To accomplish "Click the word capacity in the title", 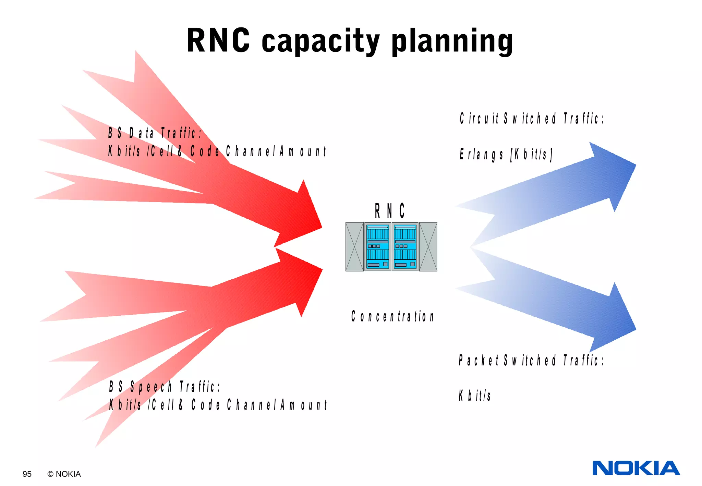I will point(320,42).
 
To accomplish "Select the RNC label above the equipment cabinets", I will point(389,210).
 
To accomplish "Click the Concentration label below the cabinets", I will point(392,316).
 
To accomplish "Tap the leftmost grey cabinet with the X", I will point(354,247).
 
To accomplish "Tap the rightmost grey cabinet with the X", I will point(428,247).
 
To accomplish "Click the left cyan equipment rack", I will point(377,247).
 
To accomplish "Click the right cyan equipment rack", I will point(405,247).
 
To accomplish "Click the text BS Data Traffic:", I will point(155,133).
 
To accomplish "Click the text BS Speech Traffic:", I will point(165,387).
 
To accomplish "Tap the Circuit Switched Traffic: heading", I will point(531,119).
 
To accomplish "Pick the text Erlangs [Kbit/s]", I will point(506,155).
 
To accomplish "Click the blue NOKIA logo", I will point(636,468).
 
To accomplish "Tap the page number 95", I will point(27,474).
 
